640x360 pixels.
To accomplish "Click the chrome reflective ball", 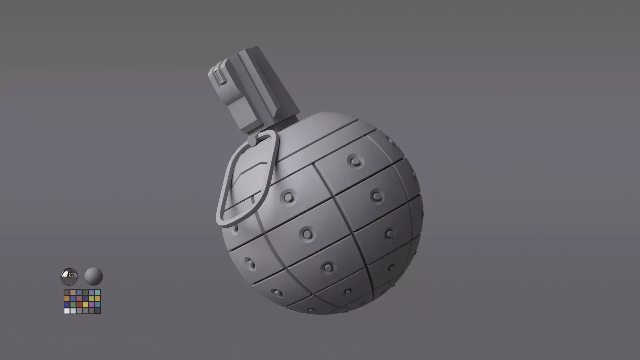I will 69,276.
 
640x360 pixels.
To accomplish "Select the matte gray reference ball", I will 93,276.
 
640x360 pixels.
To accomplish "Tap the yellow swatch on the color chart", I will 85,305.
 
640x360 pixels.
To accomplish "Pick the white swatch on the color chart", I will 67,311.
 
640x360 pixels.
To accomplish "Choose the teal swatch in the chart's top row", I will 98,293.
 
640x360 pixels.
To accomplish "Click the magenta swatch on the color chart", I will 91,305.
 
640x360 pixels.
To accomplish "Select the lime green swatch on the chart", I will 91,299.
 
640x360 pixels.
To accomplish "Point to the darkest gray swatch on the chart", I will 98,311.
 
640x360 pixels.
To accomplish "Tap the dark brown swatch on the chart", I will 67,293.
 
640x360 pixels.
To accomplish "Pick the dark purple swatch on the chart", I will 85,299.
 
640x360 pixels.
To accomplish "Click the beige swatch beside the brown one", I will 73,293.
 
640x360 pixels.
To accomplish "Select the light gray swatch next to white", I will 73,311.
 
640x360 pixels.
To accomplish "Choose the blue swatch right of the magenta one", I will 98,305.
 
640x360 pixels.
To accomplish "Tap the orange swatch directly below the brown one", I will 67,299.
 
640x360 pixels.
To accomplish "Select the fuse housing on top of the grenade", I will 253,90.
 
